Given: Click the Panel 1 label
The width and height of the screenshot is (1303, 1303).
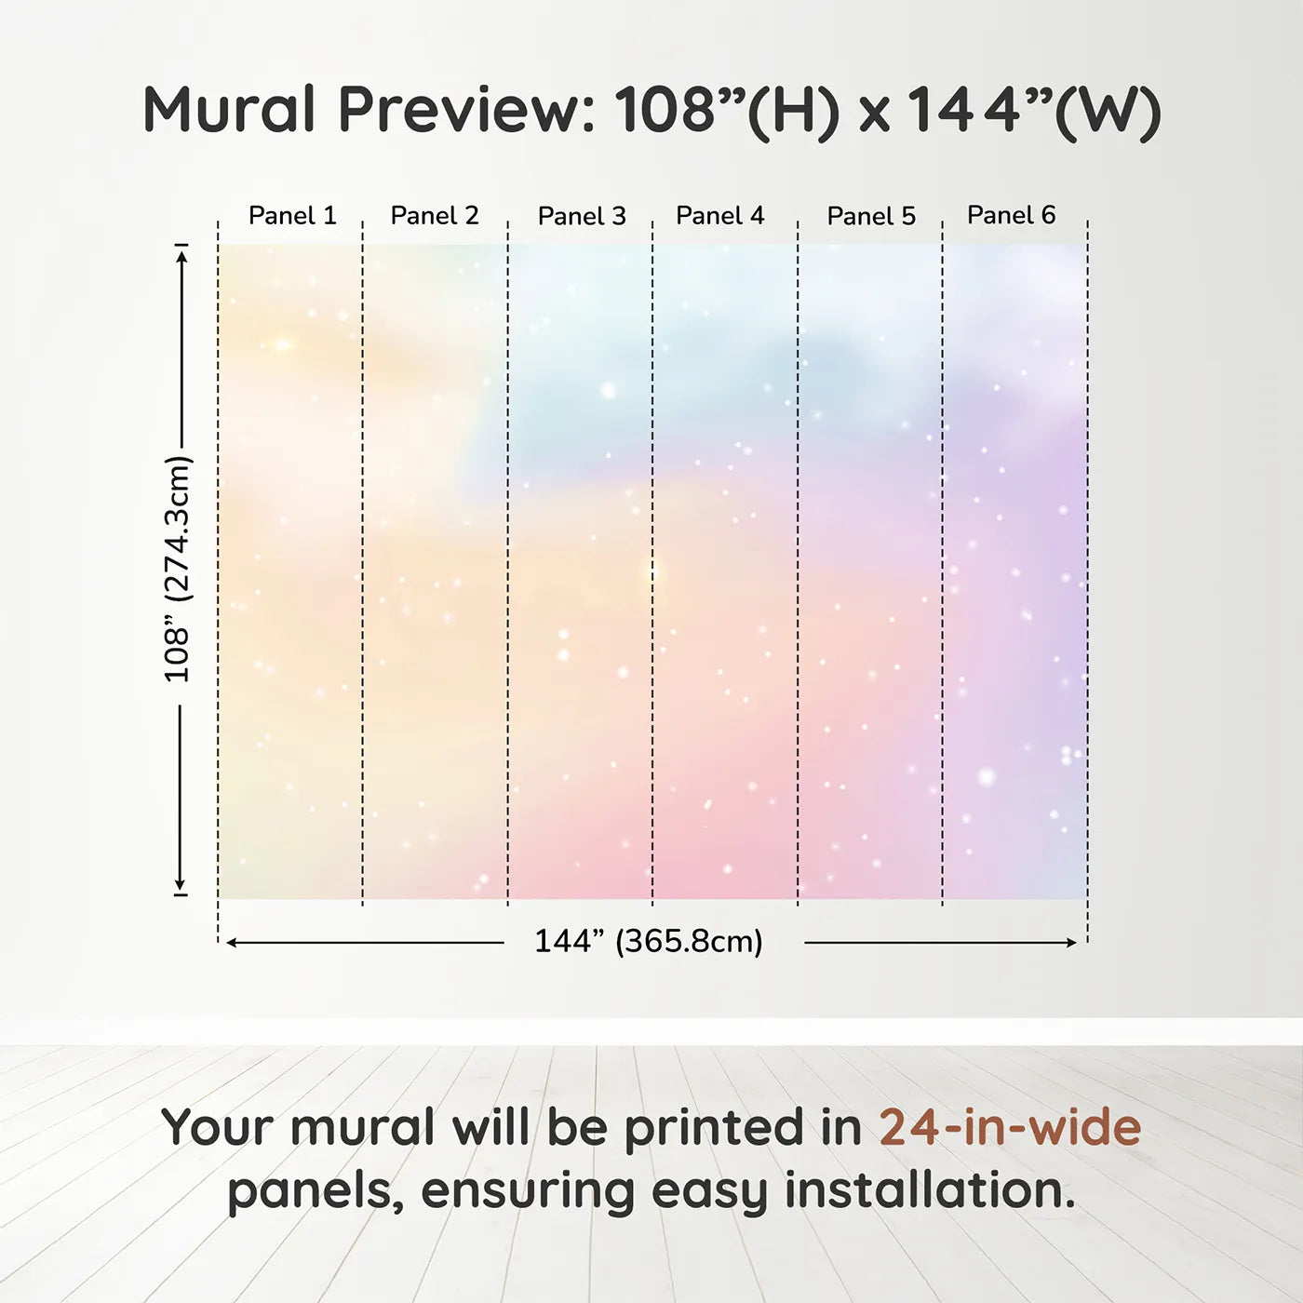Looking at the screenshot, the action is click(292, 216).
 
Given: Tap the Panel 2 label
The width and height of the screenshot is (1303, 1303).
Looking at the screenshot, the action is click(435, 216).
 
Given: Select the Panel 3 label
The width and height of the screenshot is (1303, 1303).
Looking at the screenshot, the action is click(582, 216).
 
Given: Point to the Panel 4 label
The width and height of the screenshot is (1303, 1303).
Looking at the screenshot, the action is click(720, 216).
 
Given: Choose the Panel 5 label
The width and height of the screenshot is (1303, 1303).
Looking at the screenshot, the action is click(871, 216).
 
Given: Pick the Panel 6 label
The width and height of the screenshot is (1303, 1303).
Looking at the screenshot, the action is click(1011, 215).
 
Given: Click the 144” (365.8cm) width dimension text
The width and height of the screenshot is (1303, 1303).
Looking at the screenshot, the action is click(649, 941).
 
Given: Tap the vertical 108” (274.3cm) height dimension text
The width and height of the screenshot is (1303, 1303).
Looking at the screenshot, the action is click(178, 569).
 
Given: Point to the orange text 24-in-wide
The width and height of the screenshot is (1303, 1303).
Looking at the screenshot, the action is click(1010, 1127).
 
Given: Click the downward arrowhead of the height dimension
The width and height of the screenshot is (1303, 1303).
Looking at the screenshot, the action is click(180, 883).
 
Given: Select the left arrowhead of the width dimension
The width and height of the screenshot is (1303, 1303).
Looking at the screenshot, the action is click(231, 943).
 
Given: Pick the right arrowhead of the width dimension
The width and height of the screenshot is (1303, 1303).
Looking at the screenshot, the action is click(1071, 943).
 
